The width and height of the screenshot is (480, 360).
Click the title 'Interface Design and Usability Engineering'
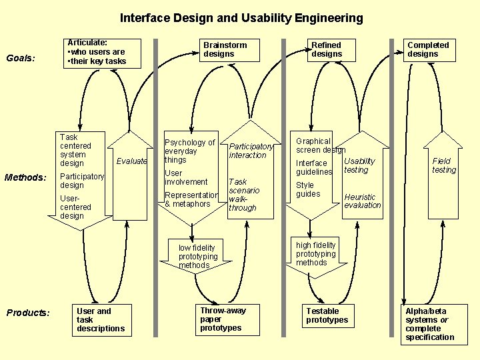241,18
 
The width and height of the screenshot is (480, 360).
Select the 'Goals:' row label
20,58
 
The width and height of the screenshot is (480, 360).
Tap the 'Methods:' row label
25,177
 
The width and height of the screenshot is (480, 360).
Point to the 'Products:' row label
28,313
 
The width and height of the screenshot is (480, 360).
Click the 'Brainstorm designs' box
225,50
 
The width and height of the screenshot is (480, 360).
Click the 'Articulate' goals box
96,52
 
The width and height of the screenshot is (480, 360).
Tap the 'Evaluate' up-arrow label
131,161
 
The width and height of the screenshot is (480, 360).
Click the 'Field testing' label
443,165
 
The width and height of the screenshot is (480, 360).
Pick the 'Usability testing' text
359,165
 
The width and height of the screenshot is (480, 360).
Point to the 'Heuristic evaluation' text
362,201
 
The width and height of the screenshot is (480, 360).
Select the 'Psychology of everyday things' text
189,151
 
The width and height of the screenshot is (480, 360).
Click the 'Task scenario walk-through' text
243,195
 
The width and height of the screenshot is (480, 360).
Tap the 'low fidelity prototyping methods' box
198,257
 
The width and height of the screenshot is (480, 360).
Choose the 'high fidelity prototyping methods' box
316,254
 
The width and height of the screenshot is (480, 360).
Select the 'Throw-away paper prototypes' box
223,319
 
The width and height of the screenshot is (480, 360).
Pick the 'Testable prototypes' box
327,316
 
